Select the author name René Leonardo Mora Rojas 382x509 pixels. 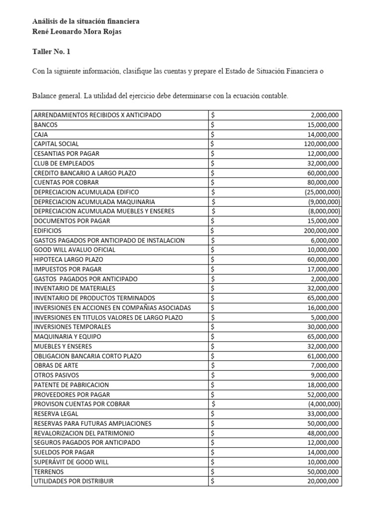pos(77,32)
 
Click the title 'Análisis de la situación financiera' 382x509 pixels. pos(86,21)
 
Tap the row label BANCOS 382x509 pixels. pos(46,125)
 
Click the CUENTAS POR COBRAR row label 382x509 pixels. pos(66,182)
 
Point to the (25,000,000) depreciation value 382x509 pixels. pos(322,192)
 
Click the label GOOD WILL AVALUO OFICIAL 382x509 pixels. pos(75,250)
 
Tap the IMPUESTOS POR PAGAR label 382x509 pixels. pos(68,269)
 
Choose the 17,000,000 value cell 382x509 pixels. pos(322,269)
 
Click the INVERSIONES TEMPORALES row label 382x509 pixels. pos(72,327)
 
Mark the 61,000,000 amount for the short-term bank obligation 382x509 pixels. pos(322,356)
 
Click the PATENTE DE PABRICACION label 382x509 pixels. pos(71,385)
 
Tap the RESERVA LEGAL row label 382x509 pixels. pos(56,414)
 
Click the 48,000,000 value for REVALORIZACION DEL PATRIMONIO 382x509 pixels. pos(322,433)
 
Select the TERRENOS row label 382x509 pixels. pos(48,472)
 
